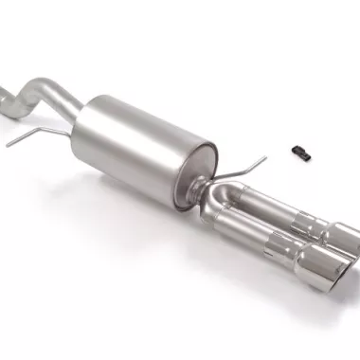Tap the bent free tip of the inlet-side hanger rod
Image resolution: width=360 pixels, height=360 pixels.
tap(9, 143)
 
